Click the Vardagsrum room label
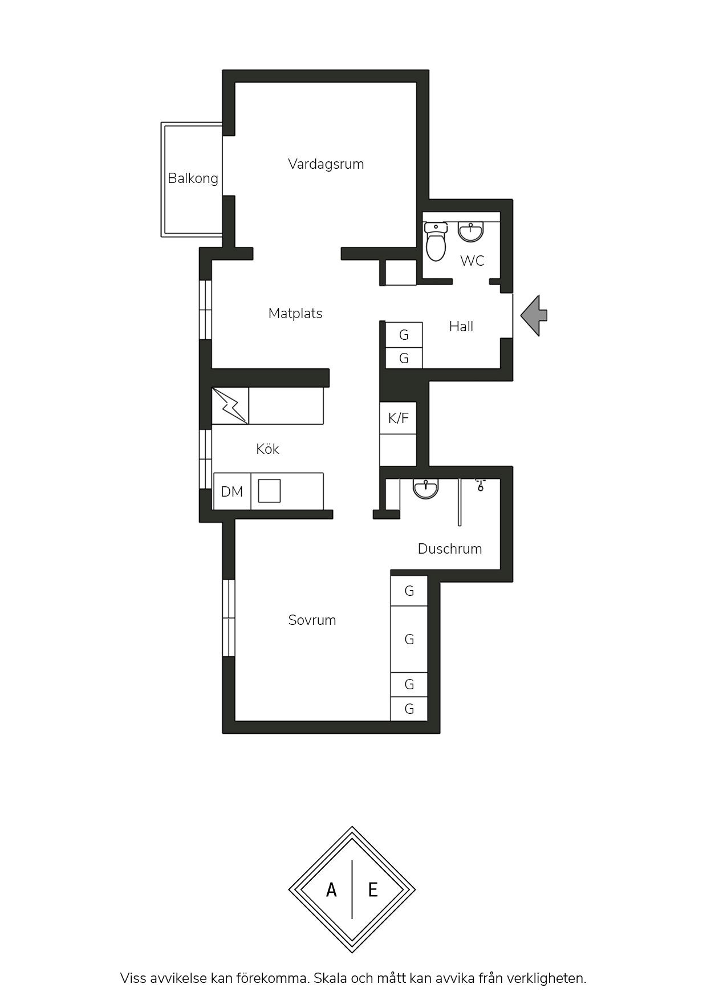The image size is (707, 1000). click(x=326, y=164)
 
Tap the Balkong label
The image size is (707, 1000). click(x=193, y=178)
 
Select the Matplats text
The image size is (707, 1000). click(x=295, y=314)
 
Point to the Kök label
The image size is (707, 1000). click(x=267, y=449)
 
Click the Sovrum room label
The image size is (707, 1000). click(x=312, y=620)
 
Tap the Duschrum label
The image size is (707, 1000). click(x=450, y=548)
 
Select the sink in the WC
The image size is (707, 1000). click(x=471, y=231)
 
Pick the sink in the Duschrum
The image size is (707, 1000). click(x=426, y=489)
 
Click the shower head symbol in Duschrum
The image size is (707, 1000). click(x=481, y=485)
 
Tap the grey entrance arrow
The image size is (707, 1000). click(x=534, y=315)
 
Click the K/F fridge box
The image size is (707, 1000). click(x=399, y=418)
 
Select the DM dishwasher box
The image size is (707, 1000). click(x=232, y=491)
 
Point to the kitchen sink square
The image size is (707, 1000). click(x=269, y=491)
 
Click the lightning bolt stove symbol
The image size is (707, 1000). click(x=230, y=406)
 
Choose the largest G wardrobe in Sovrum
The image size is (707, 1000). click(x=409, y=639)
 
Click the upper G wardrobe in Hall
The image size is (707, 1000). click(x=404, y=335)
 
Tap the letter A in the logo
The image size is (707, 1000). click(x=331, y=889)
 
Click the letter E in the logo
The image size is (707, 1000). click(x=373, y=889)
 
